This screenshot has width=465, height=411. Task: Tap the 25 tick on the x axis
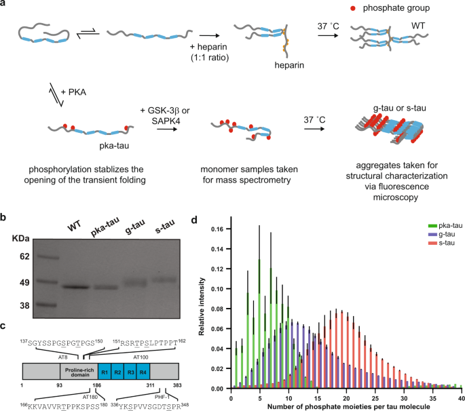375,398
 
